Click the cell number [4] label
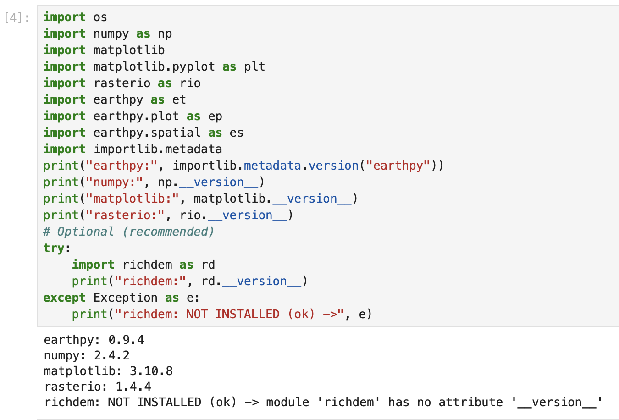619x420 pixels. [x=17, y=18]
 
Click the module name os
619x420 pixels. [x=100, y=17]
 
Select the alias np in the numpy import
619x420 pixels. [x=165, y=34]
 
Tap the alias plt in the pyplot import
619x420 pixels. [x=254, y=66]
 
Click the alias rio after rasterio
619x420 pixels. [x=190, y=83]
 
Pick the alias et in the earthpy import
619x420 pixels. [x=179, y=99]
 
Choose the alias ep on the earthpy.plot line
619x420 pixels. [x=215, y=116]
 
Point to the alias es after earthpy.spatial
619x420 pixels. [x=236, y=133]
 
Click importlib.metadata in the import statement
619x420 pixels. [x=157, y=149]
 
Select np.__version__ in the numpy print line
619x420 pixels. [x=208, y=182]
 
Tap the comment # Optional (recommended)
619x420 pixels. [x=128, y=232]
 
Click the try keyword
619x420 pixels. [x=54, y=248]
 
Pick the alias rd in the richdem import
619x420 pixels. [x=208, y=265]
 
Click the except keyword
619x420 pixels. [x=64, y=298]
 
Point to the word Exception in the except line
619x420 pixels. [x=125, y=298]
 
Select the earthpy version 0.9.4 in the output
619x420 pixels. [x=126, y=340]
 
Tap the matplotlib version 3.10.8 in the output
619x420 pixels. [x=151, y=371]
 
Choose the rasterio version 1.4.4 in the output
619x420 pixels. [x=133, y=387]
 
